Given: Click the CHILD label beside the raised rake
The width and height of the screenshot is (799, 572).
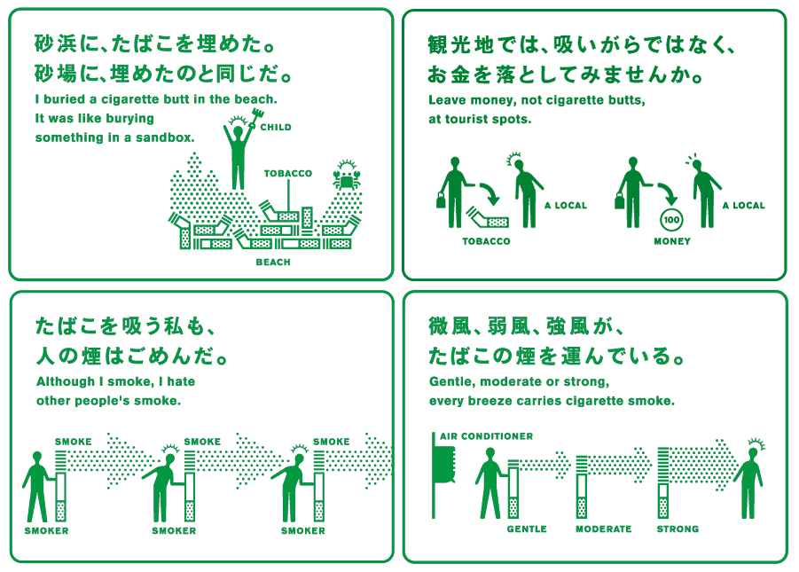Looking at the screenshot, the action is [x=276, y=128].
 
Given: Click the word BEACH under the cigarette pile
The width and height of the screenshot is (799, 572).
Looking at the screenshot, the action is [x=273, y=262].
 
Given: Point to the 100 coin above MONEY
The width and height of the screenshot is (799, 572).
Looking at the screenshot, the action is [x=671, y=220].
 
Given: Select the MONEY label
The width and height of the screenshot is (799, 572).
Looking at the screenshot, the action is [x=672, y=241].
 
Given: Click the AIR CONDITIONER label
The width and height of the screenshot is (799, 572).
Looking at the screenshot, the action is [x=487, y=436].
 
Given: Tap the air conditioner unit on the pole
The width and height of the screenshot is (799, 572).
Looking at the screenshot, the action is [x=443, y=465].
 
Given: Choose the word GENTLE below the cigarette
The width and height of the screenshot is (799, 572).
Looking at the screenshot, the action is [x=527, y=529].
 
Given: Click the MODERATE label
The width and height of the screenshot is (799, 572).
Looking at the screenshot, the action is [x=604, y=529].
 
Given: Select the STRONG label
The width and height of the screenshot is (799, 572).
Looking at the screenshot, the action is [x=678, y=529].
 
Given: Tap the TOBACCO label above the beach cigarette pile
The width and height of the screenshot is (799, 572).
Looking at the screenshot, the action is [x=288, y=173].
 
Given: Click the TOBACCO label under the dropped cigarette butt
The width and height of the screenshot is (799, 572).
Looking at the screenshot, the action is [x=486, y=241].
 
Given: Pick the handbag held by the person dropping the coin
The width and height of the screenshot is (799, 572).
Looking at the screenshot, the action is [x=620, y=200].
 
